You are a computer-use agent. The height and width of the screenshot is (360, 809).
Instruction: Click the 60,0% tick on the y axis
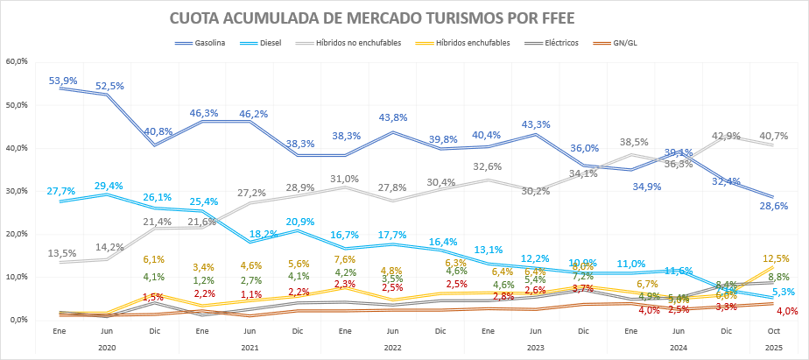click(x=18, y=61)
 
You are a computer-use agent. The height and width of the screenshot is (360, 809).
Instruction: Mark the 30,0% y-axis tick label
click(x=18, y=191)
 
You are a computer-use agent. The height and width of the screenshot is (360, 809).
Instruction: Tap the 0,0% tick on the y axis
click(x=19, y=320)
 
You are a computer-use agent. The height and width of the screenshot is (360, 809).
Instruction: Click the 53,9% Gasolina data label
click(x=63, y=81)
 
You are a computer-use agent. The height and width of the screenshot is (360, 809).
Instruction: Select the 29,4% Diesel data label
click(x=110, y=186)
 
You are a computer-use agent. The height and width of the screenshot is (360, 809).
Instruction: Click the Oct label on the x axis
click(x=774, y=331)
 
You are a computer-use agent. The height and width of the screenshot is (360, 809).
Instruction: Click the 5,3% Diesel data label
click(x=784, y=292)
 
